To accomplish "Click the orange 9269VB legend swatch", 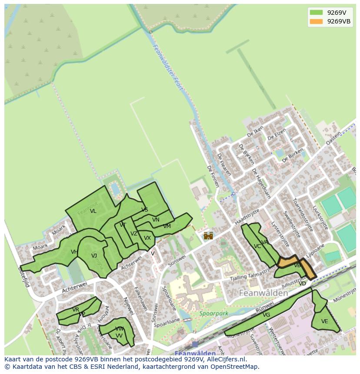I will (316, 22).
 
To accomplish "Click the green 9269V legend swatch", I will (316, 13).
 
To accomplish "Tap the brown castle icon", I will (208, 235).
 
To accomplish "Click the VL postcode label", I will (93, 212).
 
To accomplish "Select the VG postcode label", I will (267, 315).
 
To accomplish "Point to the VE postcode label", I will (324, 321).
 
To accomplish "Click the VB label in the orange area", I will (297, 265).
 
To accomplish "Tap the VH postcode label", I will (74, 252).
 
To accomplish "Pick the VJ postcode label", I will (94, 256).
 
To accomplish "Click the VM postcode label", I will (167, 226).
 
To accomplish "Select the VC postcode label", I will (257, 246).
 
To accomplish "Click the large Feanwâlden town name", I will (263, 293).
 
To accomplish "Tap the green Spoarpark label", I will (213, 313).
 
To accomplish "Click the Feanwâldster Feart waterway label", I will (168, 67).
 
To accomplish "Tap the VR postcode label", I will (76, 310).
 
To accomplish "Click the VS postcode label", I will (145, 210).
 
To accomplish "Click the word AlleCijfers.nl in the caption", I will (225, 360).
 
